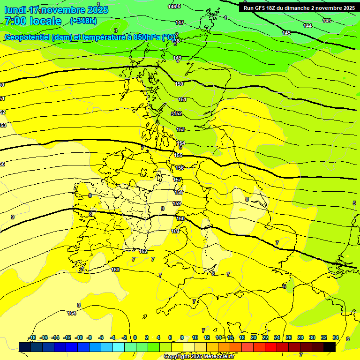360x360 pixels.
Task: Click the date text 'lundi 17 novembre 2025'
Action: point(56,10)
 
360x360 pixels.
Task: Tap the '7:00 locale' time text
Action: point(33,21)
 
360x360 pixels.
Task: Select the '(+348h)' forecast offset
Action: point(83,21)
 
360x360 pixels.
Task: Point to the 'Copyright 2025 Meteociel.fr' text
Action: point(199,356)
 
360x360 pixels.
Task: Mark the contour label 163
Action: point(116,270)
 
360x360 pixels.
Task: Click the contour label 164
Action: point(72,313)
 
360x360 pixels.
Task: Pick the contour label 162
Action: point(143,252)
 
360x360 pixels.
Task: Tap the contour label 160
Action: point(180,218)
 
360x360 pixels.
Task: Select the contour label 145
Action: point(286,33)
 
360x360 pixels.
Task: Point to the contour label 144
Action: point(307,26)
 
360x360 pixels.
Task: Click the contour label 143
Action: point(327,21)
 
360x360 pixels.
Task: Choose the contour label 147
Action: point(180,22)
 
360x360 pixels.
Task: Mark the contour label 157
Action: point(178,180)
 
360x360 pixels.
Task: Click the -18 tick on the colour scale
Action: point(32,337)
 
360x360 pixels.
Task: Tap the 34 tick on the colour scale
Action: point(336,337)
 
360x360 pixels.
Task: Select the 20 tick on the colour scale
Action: point(254,337)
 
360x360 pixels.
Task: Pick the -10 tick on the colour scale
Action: point(79,337)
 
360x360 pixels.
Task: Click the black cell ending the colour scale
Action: point(330,347)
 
